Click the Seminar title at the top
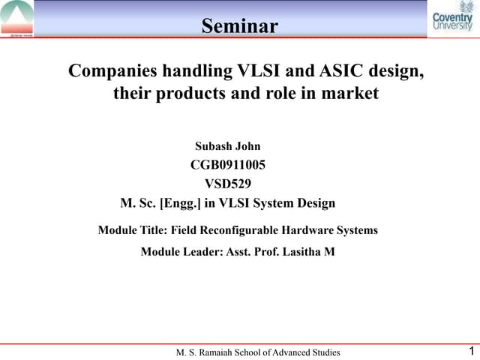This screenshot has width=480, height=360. [240, 27]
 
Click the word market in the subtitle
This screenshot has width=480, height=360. [352, 94]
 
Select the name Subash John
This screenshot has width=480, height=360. [227, 145]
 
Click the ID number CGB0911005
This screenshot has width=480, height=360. [227, 164]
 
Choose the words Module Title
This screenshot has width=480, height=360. [133, 230]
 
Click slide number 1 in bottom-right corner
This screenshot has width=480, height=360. [470, 351]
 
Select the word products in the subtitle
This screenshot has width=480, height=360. [187, 94]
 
